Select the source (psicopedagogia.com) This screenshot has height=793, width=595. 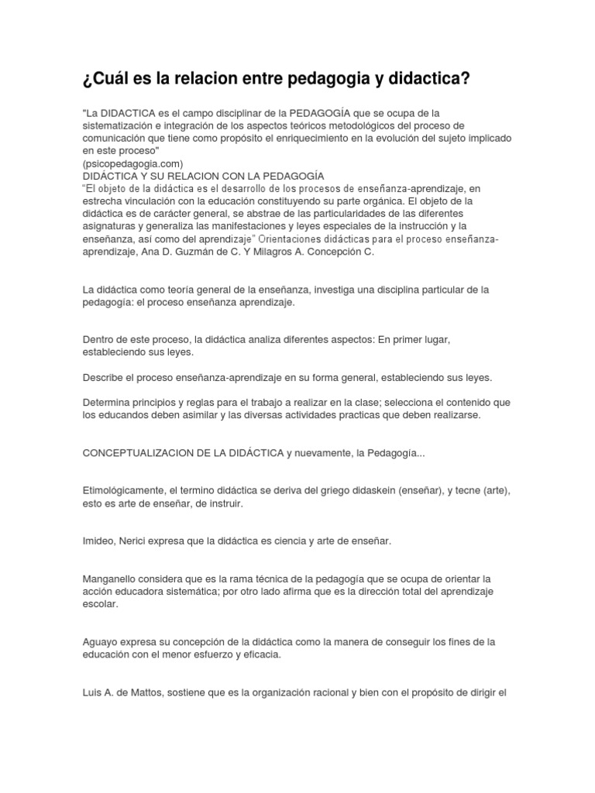132,163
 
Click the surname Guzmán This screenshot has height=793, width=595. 232,252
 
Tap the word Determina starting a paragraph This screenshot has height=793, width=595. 109,403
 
